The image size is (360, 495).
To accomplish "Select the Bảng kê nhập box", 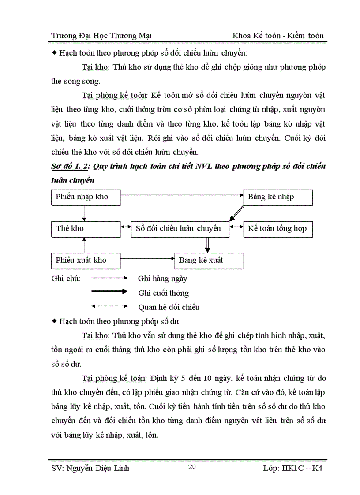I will pos(278,197).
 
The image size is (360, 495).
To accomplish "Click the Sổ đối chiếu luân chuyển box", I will pos(180,229).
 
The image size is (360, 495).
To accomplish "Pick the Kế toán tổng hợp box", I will pos(278,229).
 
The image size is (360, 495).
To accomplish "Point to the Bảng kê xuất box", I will pos(209,261).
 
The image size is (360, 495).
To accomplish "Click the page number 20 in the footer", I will pos(192,467).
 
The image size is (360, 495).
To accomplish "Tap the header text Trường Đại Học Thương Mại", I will pos(101,36).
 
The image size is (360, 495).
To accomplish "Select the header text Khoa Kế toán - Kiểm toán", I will pos(278,36).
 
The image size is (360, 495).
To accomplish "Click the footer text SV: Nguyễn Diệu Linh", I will pos(90,468).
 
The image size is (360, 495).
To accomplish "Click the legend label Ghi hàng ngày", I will pos(162,279).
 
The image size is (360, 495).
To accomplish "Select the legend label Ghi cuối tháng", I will pos(163,293).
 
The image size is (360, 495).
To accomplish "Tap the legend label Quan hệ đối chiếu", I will pos(169,307).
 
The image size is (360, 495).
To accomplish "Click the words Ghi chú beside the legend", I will pos(66,279).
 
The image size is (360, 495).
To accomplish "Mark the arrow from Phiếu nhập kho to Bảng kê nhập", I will pos(181,194).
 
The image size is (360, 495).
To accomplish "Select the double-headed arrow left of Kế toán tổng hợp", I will pos(236,227).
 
